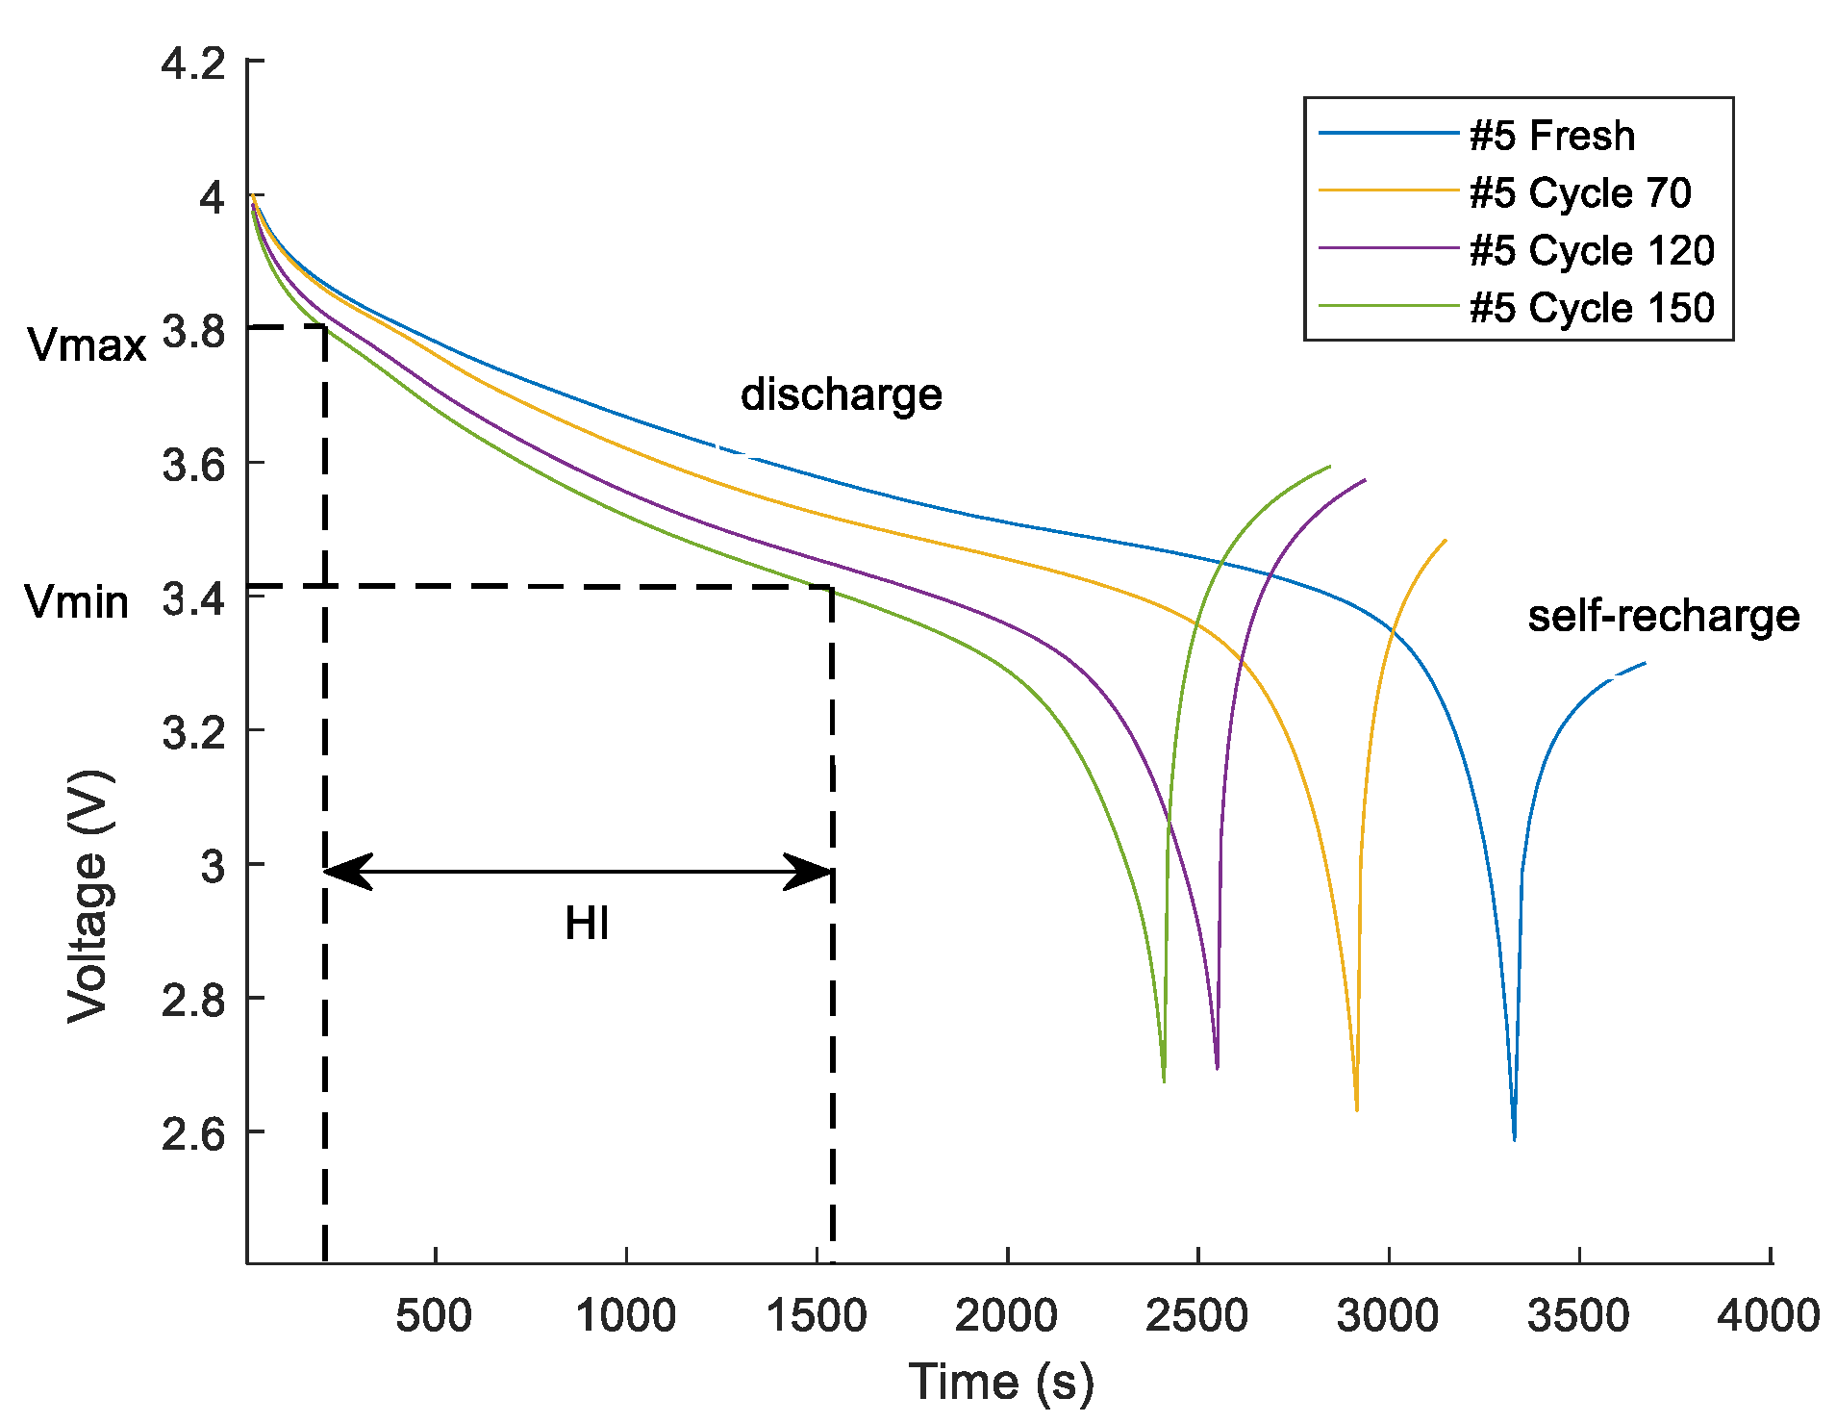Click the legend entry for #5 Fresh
click(1551, 136)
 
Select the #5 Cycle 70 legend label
click(1580, 193)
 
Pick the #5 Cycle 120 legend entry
click(1592, 250)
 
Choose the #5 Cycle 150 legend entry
click(1592, 308)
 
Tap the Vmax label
click(87, 344)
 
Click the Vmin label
click(77, 602)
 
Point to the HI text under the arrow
click(587, 924)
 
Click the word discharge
click(841, 394)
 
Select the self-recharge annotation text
click(1663, 616)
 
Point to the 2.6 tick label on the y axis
click(192, 1134)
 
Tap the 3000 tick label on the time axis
click(1387, 1315)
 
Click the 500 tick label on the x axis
click(434, 1315)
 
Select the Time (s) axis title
click(1001, 1383)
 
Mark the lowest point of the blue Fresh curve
click(1514, 1139)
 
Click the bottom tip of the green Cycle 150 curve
click(1164, 1081)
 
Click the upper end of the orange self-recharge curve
click(1445, 541)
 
